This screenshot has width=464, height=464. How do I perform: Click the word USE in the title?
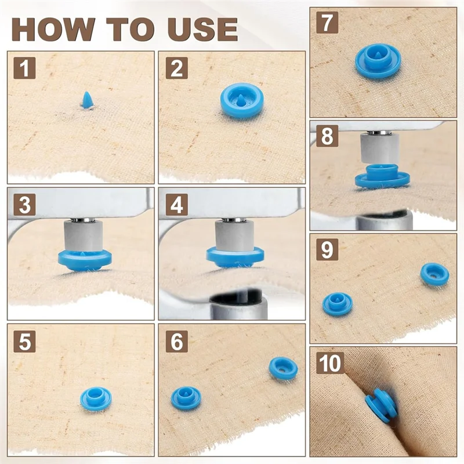pyautogui.click(x=202, y=29)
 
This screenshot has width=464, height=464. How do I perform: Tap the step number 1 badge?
pyautogui.click(x=24, y=68)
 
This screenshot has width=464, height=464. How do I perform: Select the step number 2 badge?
pyautogui.click(x=177, y=68)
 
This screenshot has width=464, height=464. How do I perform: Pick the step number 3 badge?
pyautogui.click(x=24, y=205)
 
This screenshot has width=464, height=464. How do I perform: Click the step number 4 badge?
pyautogui.click(x=177, y=205)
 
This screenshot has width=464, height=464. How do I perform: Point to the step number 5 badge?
pyautogui.click(x=24, y=341)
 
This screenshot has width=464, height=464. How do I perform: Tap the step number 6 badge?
pyautogui.click(x=177, y=341)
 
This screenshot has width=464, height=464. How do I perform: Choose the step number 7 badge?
pyautogui.click(x=327, y=23)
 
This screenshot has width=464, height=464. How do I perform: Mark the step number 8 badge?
pyautogui.click(x=327, y=136)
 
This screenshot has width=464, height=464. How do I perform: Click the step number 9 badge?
pyautogui.click(x=327, y=249)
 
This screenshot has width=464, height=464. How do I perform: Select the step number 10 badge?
pyautogui.click(x=330, y=363)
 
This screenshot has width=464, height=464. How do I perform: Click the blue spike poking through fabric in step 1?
pyautogui.click(x=88, y=100)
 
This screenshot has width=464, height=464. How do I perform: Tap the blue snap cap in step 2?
pyautogui.click(x=242, y=100)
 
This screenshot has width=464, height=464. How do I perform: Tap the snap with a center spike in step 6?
pyautogui.click(x=186, y=398)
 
